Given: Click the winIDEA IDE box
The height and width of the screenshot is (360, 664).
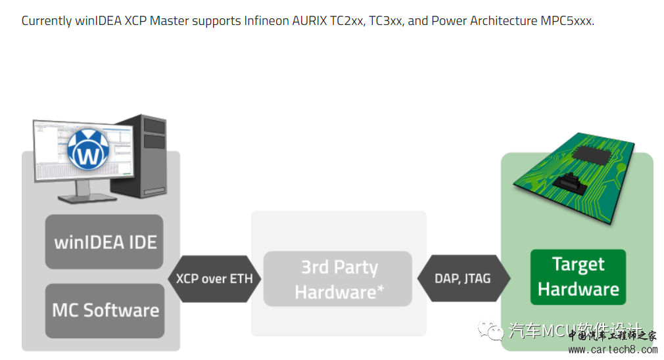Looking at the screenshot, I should pos(104,241).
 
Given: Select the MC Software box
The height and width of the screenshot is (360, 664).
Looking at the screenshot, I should pos(105,310).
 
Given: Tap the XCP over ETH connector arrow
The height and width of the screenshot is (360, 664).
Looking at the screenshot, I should pos(214,279).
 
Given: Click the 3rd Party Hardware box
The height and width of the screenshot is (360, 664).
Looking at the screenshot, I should pos(338,279).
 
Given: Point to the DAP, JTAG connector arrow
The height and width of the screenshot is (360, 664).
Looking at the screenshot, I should pos(462,279).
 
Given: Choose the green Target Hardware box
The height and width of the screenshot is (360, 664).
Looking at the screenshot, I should pos(578,277).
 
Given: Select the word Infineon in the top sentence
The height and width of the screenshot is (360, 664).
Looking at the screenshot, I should pos(268,20).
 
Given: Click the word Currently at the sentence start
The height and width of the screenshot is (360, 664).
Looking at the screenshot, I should pos(47,20).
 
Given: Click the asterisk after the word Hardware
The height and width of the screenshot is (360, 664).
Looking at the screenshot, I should pos(381,289).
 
